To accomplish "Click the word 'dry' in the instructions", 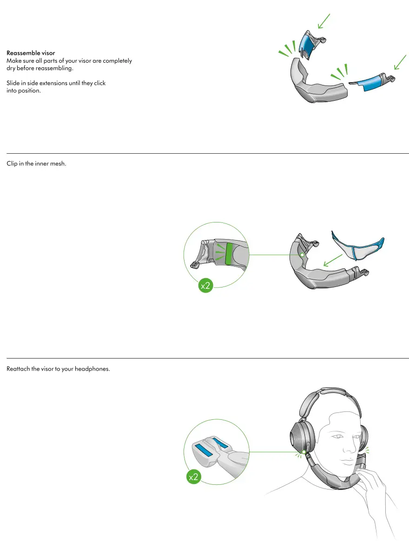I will tap(11, 68).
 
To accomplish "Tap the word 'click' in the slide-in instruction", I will tap(99, 83).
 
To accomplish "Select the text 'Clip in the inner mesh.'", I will tap(37, 164).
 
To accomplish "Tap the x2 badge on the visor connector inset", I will tap(192, 477).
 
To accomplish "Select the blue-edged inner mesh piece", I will tap(358, 248).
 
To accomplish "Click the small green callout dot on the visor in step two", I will tap(302, 254).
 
